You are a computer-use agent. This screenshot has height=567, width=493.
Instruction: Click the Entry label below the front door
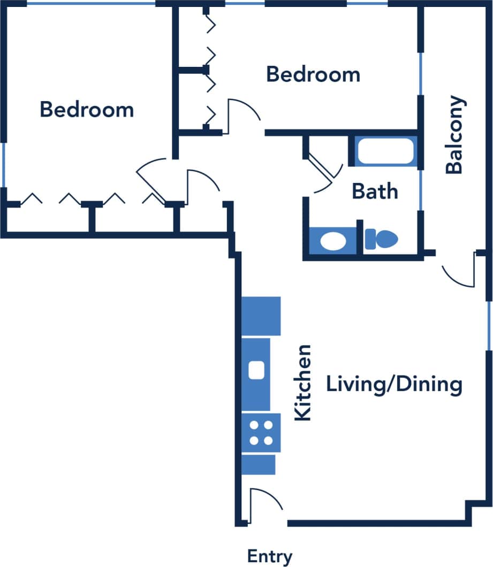point(270,556)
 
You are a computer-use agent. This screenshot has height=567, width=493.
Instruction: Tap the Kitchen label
point(304,382)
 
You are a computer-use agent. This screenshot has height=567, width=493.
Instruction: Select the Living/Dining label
point(394,385)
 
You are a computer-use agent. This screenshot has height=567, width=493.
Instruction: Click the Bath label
point(375,191)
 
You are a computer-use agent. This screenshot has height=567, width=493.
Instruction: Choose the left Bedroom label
point(87,110)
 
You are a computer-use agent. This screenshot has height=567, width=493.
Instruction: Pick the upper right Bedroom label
point(313,74)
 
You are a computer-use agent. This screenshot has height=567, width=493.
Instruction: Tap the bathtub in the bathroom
point(385,151)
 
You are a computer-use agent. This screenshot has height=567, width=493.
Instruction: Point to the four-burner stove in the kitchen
point(261,433)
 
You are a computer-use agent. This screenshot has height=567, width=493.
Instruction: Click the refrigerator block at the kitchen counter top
point(261,316)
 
